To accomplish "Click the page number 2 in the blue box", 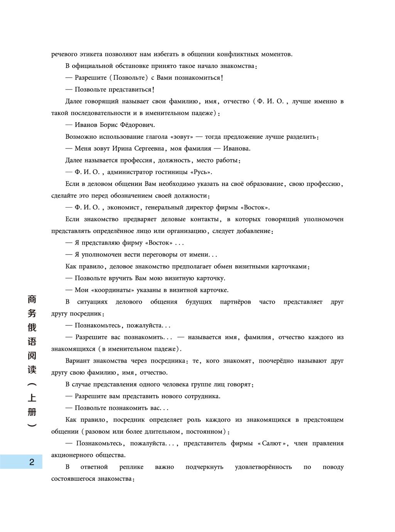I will tap(32, 462).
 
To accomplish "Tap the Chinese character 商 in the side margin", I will tap(32, 299).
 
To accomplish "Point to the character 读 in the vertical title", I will tap(32, 369).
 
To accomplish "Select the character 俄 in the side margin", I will tap(32, 327).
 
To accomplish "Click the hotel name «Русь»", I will tap(201, 172).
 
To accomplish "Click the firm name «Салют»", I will tap(273, 444).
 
